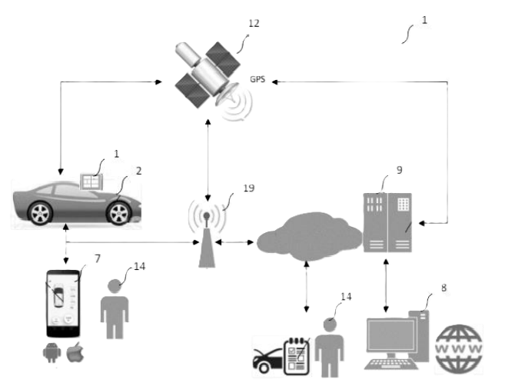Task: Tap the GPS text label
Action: pos(257,79)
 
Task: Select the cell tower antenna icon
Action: pos(207,231)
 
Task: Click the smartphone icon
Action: pos(63,303)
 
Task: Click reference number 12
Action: pos(254,23)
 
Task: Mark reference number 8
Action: pos(444,288)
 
